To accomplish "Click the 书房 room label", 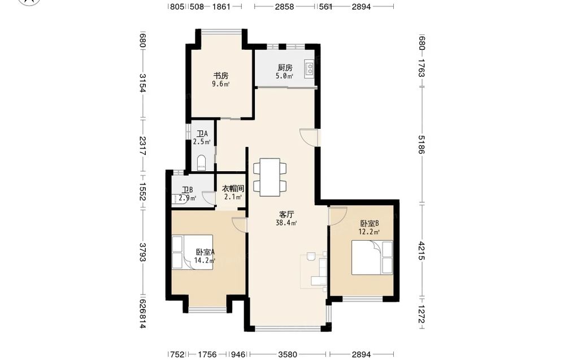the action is pyautogui.click(x=221, y=76).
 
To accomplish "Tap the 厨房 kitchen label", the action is pyautogui.click(x=285, y=67).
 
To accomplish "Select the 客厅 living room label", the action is pyautogui.click(x=286, y=215).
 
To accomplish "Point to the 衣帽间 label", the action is pyautogui.click(x=233, y=188).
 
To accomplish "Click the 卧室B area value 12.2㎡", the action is pyautogui.click(x=369, y=232).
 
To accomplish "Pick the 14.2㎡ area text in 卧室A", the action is pyautogui.click(x=205, y=260).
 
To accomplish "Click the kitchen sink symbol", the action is pyautogui.click(x=310, y=68).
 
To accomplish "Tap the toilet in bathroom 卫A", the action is pyautogui.click(x=202, y=163).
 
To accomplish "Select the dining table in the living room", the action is pyautogui.click(x=270, y=177).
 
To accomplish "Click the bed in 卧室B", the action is pyautogui.click(x=372, y=258).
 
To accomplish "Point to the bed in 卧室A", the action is pyautogui.click(x=192, y=252).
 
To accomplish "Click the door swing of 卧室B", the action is pyautogui.click(x=337, y=216).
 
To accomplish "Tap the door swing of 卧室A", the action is pyautogui.click(x=240, y=225).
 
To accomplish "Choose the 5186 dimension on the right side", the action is pyautogui.click(x=421, y=144).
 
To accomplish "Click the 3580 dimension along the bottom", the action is pyautogui.click(x=288, y=354).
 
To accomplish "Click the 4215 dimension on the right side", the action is pyautogui.click(x=421, y=251).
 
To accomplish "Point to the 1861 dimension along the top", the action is pyautogui.click(x=221, y=6).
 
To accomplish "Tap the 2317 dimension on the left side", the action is pyautogui.click(x=143, y=146).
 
